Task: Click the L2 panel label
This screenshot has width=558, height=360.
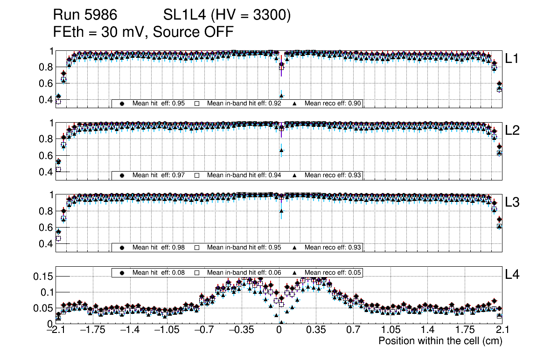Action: coord(512,130)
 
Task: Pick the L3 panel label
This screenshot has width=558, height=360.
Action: coord(512,202)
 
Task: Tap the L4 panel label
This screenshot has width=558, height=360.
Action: coord(512,275)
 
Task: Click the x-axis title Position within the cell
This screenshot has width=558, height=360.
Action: coord(440,341)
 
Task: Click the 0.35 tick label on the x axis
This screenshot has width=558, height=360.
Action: coord(316,330)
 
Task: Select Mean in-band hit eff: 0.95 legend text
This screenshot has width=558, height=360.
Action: coord(244,247)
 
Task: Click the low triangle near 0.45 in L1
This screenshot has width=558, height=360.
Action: coord(281,96)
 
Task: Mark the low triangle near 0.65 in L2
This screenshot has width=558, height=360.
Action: coord(281,150)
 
